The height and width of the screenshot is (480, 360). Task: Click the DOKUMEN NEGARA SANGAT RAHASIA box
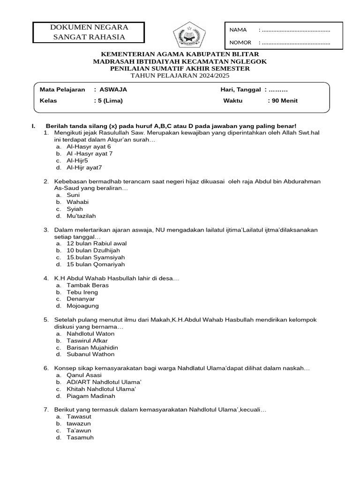pyautogui.click(x=89, y=32)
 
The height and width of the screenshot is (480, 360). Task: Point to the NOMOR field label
pyautogui.click(x=240, y=43)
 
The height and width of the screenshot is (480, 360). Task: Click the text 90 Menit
pyautogui.click(x=284, y=100)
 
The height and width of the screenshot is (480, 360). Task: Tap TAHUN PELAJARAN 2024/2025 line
pyautogui.click(x=180, y=75)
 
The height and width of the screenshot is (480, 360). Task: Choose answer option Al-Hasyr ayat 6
pyautogui.click(x=89, y=146)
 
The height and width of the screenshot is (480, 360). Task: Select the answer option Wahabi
pyautogui.click(x=78, y=202)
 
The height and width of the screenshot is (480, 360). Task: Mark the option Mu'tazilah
pyautogui.click(x=81, y=216)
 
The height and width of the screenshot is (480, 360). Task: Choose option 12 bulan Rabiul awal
pyautogui.click(x=97, y=243)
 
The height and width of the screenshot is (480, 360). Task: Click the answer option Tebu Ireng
pyautogui.click(x=82, y=292)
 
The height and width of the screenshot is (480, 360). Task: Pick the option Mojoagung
pyautogui.click(x=83, y=306)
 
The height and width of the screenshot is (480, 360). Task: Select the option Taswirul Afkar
pyautogui.click(x=87, y=340)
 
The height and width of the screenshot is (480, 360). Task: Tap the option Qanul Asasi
pyautogui.click(x=84, y=375)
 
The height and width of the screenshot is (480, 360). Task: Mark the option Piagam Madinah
pyautogui.click(x=91, y=396)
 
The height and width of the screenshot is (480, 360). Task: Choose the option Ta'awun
pyautogui.click(x=79, y=430)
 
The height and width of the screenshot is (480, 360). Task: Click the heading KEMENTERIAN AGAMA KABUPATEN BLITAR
pyautogui.click(x=180, y=55)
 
